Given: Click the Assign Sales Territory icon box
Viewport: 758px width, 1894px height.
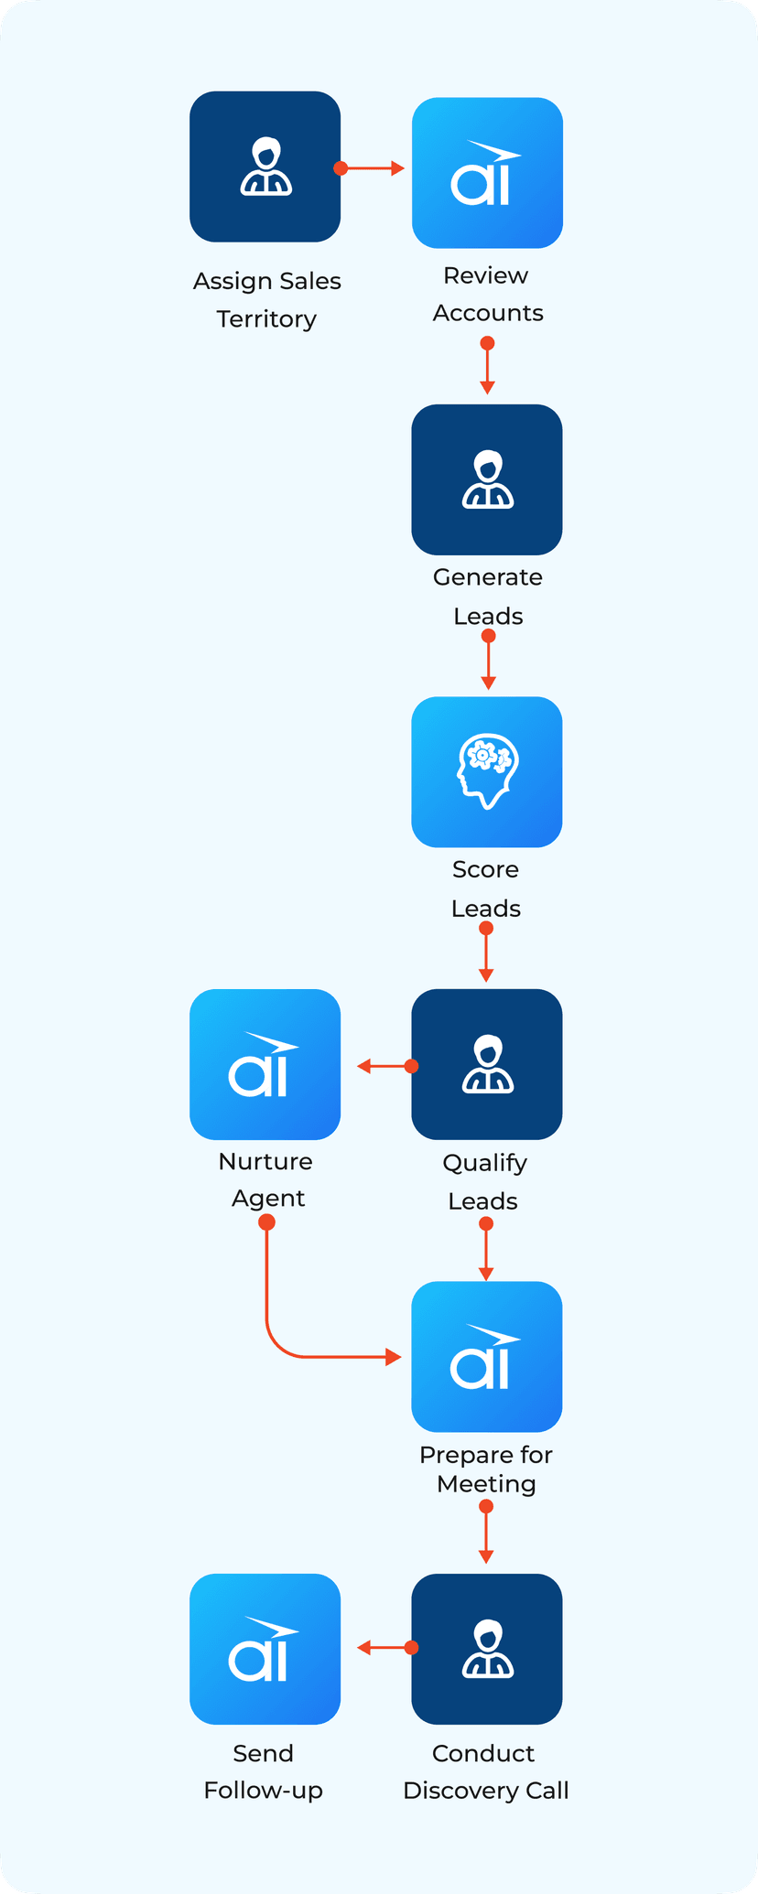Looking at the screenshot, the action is [265, 167].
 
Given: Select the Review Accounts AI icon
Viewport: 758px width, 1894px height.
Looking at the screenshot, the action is [487, 173].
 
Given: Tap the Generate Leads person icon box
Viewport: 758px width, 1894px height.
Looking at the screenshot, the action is [487, 479].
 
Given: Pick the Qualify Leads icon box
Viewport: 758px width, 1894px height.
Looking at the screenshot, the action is [487, 1064].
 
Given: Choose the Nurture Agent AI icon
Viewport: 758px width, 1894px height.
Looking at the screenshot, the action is [265, 1064].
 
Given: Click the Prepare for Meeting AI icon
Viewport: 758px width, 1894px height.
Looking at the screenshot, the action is [487, 1357].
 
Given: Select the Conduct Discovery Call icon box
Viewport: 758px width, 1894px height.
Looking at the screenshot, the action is [487, 1649].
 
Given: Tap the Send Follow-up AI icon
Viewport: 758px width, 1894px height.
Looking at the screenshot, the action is [265, 1649].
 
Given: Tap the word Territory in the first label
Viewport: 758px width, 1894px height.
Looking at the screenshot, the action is [266, 319].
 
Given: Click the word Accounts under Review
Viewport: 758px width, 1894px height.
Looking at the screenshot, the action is [488, 313].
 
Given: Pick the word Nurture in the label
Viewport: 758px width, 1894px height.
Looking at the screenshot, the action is [265, 1161].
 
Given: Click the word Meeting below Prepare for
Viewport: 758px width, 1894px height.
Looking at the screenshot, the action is [486, 1484].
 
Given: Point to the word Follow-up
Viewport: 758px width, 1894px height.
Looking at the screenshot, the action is [264, 1791].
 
